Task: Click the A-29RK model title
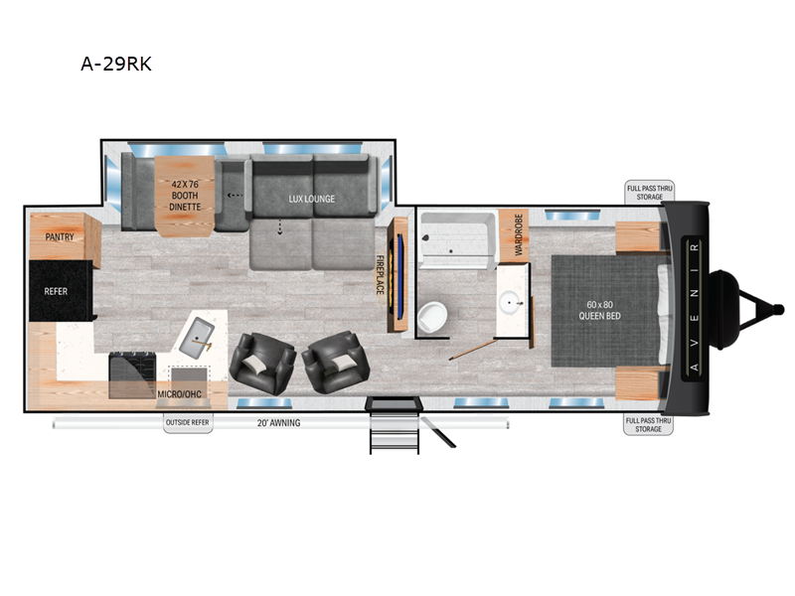115,65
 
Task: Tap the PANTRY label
62,236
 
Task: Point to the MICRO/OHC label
180,393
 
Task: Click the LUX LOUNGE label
311,199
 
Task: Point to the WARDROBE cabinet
516,234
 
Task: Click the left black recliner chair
261,361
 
